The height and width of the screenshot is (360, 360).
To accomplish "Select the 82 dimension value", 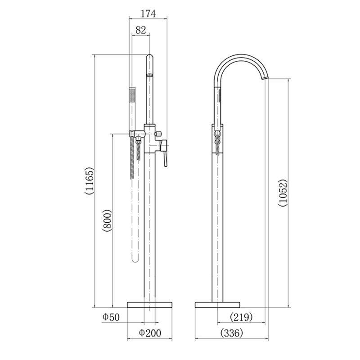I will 140,31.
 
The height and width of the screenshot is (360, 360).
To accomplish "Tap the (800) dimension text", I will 107,220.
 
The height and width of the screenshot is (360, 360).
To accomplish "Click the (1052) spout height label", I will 282,193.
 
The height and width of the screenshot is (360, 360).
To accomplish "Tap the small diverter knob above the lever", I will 159,134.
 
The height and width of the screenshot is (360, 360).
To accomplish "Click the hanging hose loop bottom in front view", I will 135,260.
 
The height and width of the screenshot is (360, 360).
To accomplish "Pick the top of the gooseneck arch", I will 241,56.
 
